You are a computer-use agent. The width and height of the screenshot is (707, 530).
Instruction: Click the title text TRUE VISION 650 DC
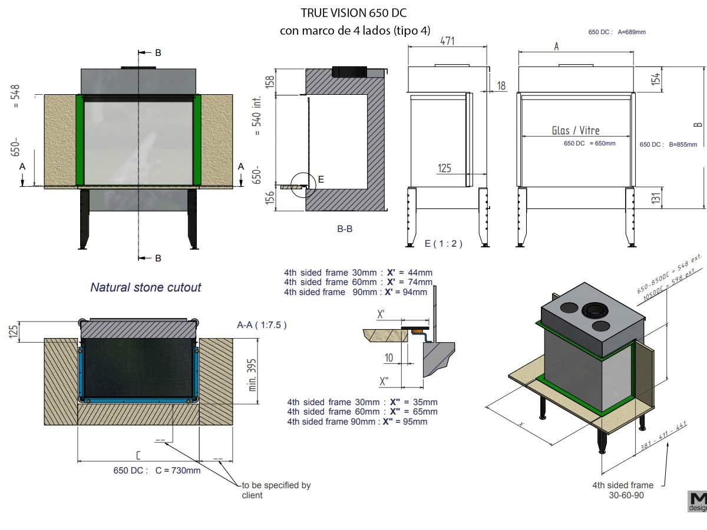pos(353,13)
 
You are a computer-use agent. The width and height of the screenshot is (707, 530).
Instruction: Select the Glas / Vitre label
pos(576,130)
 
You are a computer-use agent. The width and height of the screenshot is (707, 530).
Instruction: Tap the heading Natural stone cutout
pos(146,287)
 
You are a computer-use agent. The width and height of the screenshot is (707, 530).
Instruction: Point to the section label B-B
pos(345,229)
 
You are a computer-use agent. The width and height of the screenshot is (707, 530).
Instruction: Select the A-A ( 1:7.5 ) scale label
pos(262,324)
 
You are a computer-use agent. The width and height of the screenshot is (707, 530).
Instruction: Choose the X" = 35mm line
pos(362,402)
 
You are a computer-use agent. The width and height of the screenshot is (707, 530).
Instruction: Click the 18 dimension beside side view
pos(501,86)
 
